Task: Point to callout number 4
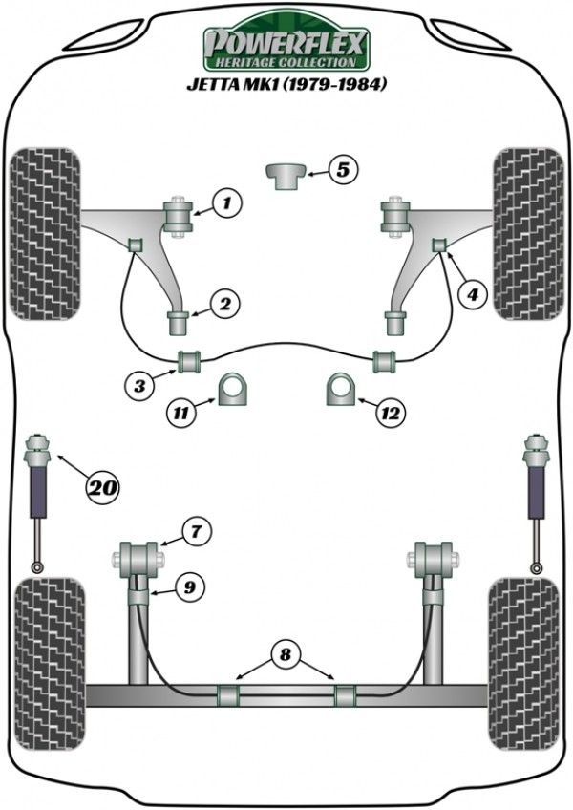click(x=470, y=295)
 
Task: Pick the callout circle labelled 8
click(x=284, y=655)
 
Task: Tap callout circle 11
click(x=179, y=413)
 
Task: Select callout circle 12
click(x=391, y=413)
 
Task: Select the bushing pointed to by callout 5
click(x=285, y=176)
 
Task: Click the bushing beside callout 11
click(x=232, y=390)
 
